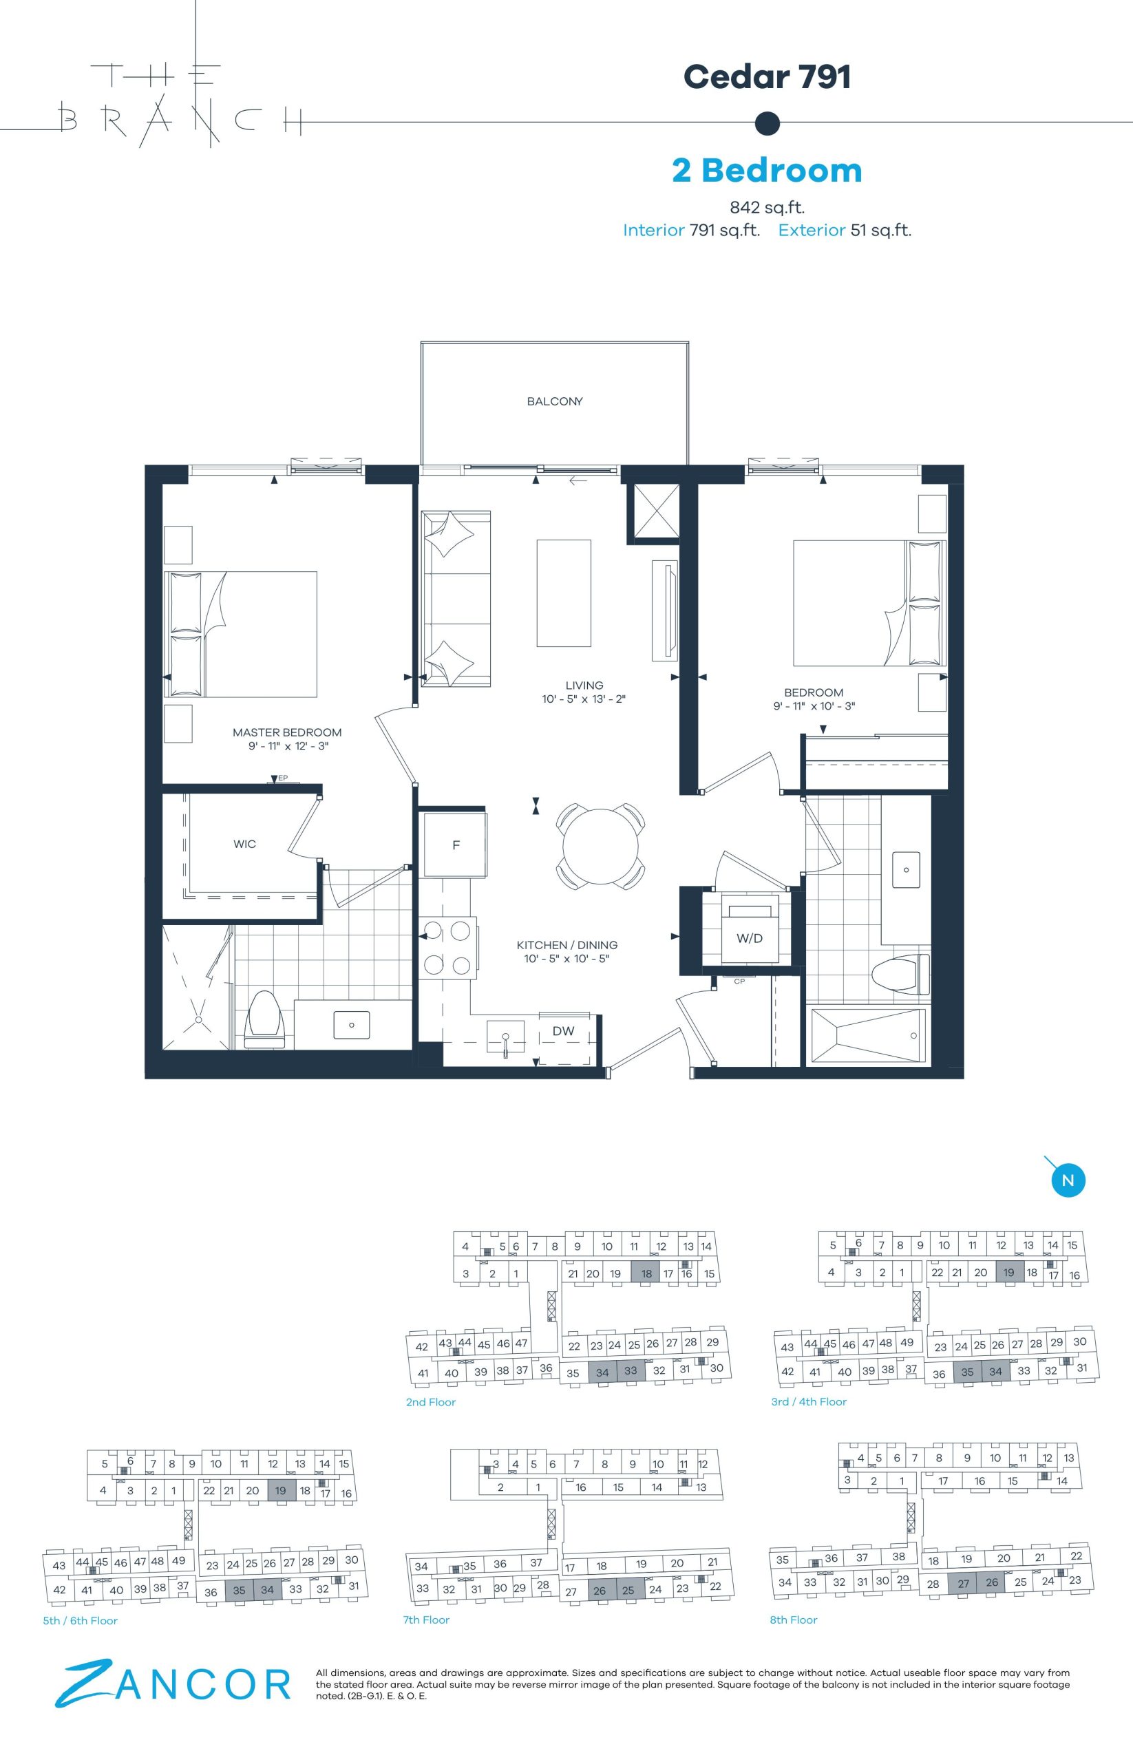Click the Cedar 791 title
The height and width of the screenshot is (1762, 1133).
767,76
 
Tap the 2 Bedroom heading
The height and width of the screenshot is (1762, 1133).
767,170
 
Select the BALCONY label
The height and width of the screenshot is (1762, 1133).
555,402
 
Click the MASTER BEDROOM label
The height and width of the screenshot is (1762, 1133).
287,733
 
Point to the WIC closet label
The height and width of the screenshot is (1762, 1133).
245,844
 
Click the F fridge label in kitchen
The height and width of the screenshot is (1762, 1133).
456,845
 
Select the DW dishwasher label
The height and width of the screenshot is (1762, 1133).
564,1031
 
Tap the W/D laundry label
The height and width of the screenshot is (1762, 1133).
750,938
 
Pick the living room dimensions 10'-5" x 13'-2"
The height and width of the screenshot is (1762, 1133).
584,699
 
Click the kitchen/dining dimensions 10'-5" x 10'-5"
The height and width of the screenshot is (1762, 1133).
567,959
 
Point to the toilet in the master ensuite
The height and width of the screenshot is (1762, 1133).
264,1018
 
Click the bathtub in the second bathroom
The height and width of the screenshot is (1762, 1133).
867,1035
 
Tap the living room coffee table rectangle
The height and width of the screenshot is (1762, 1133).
564,593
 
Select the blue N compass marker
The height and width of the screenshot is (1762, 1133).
1068,1181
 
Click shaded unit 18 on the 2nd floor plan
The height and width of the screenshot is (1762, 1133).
646,1273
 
